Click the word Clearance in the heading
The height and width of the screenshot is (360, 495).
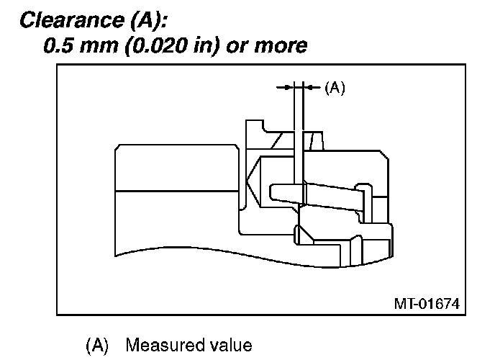(72, 20)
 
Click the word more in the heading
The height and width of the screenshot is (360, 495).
(281, 47)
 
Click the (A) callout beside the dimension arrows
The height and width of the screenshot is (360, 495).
(335, 87)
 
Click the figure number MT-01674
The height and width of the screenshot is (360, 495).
(427, 304)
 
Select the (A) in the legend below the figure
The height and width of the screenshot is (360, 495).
(97, 345)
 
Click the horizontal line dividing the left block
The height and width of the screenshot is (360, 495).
(177, 191)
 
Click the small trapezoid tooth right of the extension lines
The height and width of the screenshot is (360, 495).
(317, 141)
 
